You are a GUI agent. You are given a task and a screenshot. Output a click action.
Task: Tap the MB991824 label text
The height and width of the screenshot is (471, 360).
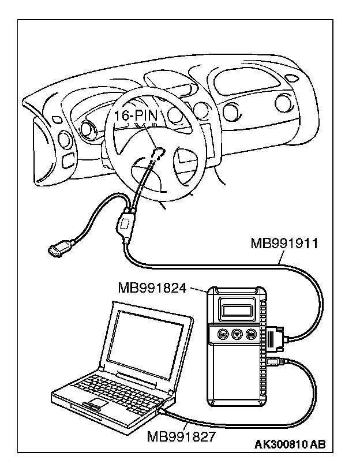click(152, 287)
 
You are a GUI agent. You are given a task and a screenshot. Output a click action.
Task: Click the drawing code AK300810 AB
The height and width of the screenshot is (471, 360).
click(290, 445)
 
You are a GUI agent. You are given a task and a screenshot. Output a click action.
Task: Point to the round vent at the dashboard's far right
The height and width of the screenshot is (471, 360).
click(283, 102)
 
